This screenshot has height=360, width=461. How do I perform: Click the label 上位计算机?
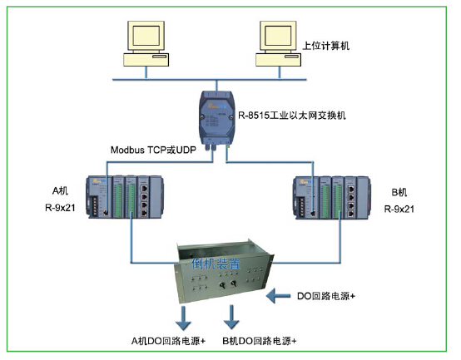click(x=325, y=46)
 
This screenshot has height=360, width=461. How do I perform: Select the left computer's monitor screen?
click(x=146, y=36)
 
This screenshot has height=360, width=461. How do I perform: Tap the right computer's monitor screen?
click(x=278, y=36)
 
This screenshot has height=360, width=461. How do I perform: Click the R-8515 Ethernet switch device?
click(x=216, y=120)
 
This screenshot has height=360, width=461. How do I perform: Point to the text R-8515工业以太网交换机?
click(x=291, y=116)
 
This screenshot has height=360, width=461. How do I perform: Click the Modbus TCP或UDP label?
click(x=153, y=150)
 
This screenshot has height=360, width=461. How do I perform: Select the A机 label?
click(x=60, y=191)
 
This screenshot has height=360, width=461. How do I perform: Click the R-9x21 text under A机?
click(x=60, y=208)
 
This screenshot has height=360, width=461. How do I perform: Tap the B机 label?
click(x=399, y=192)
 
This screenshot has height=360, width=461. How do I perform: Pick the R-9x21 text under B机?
click(x=399, y=209)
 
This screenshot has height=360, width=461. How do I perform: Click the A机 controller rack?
click(x=125, y=197)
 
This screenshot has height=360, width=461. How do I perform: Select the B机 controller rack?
click(x=332, y=198)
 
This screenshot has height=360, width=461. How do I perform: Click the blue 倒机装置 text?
click(x=216, y=264)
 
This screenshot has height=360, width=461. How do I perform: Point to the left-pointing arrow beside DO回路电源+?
click(x=278, y=296)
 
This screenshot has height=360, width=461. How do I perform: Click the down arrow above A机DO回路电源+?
click(x=183, y=318)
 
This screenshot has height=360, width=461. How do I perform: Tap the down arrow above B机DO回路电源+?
click(x=231, y=317)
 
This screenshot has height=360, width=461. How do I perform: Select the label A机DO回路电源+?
click(x=168, y=341)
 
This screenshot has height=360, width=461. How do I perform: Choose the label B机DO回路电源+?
click(x=260, y=341)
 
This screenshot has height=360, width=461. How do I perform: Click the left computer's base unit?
click(x=146, y=60)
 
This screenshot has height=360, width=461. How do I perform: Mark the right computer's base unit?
click(x=278, y=60)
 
